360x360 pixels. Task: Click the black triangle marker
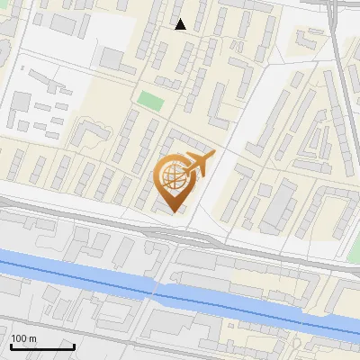pyautogui.click(x=181, y=24)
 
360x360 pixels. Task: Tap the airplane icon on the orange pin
pyautogui.click(x=197, y=166)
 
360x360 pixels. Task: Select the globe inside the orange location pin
pyautogui.click(x=171, y=176)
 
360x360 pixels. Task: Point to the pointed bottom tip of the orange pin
pyautogui.click(x=171, y=212)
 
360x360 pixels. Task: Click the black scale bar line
pyautogui.click(x=41, y=346)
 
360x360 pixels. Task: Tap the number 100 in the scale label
pyautogui.click(x=21, y=337)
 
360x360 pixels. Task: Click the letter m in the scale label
pyautogui.click(x=33, y=337)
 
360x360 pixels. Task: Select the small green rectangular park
pyautogui.click(x=150, y=100)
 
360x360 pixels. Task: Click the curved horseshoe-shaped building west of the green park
pyautogui.click(x=89, y=132)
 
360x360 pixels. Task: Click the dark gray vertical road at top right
pyautogui.click(x=334, y=36)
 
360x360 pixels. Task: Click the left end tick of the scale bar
pyautogui.click(x=10, y=345)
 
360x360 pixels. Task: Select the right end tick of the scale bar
pyautogui.click(x=74, y=345)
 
